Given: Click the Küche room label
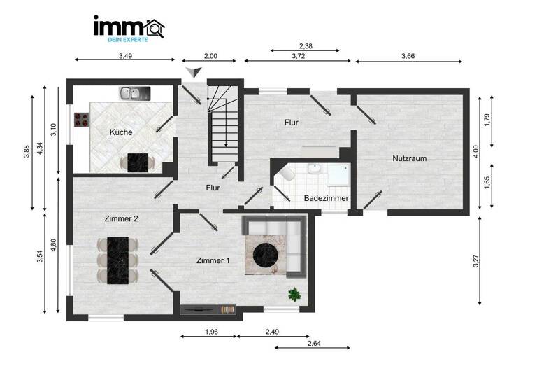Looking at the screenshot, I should [121, 132].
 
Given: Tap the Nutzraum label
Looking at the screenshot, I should [409, 158].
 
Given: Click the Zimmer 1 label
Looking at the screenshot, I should [213, 260].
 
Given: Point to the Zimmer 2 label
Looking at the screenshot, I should [121, 219].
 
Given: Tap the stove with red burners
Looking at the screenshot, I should [82, 120].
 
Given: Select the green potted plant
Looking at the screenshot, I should [294, 294].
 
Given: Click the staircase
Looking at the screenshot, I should [224, 122].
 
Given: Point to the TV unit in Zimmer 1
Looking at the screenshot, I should [208, 307].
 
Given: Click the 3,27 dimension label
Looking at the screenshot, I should [475, 260].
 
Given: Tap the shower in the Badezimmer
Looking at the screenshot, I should [338, 174].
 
